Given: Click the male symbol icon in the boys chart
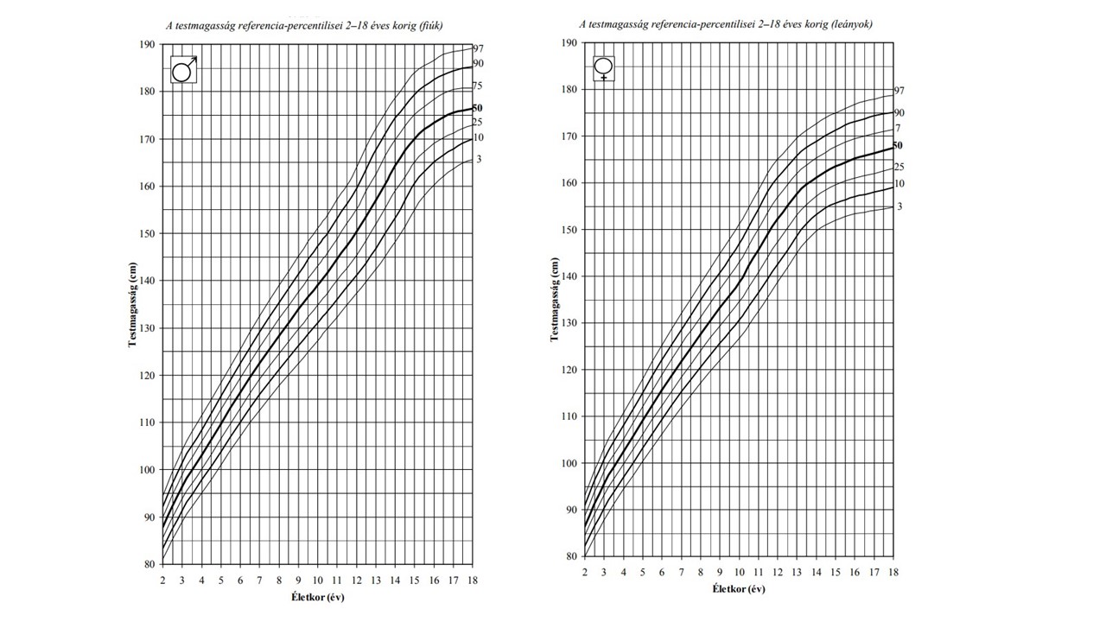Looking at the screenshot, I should tap(183, 69).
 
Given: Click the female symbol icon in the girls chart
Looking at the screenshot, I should tap(604, 67).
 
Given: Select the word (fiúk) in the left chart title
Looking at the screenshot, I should tap(428, 26).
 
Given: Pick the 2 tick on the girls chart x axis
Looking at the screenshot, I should tap(585, 573).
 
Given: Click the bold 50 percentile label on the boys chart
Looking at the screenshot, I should tap(478, 108).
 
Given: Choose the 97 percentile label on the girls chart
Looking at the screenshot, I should tap(899, 91).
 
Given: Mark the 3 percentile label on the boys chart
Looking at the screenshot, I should tap(479, 159).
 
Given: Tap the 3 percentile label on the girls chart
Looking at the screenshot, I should tap(899, 206).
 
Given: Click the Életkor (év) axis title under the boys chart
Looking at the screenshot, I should tap(319, 597).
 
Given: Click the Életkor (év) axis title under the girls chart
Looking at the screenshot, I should tap(739, 589).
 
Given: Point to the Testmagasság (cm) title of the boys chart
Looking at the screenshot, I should tap(132, 303).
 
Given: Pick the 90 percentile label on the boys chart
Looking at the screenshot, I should tap(478, 64).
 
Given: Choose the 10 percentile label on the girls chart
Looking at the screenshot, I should tap(899, 184).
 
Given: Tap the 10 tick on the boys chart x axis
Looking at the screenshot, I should tap(317, 581).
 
